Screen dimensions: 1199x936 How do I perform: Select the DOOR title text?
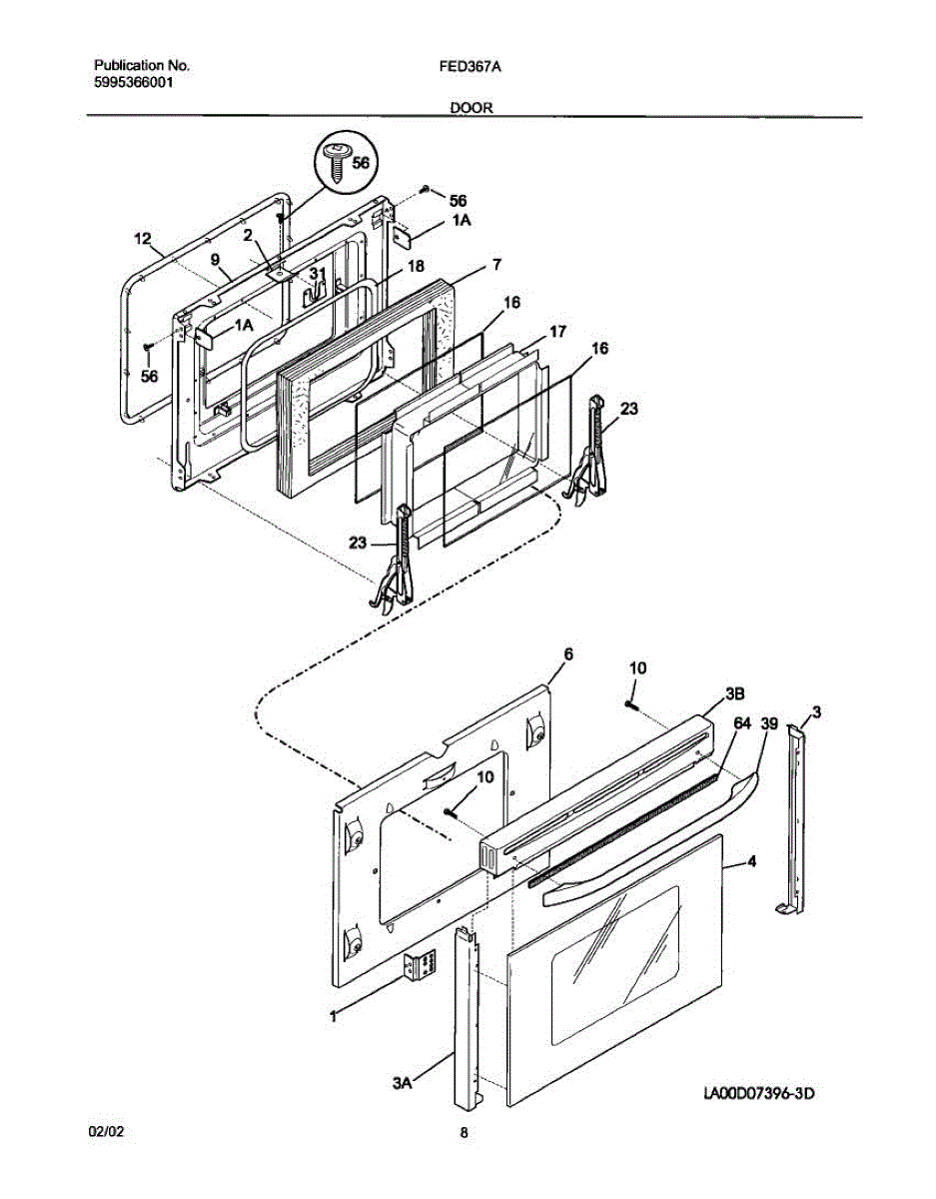click(x=470, y=107)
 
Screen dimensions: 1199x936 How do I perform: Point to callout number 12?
click(x=143, y=240)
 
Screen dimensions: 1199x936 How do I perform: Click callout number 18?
click(x=416, y=268)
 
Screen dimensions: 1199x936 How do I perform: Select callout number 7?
click(x=495, y=265)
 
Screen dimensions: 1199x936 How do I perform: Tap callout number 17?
click(x=558, y=330)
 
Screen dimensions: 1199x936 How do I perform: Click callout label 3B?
click(x=733, y=692)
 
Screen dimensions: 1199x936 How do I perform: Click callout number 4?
click(x=751, y=860)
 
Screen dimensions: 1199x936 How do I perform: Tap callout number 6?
click(x=568, y=653)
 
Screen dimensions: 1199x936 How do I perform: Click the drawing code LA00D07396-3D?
click(x=759, y=1095)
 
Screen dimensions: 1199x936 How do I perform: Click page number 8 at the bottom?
click(x=465, y=1132)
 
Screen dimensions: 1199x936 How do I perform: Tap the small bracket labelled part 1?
click(x=423, y=968)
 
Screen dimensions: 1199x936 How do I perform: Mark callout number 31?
click(x=317, y=273)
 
